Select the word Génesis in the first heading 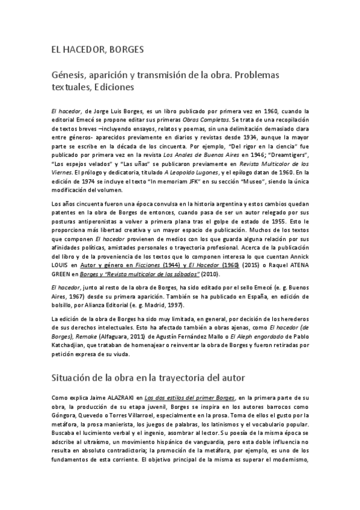click(68, 75)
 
